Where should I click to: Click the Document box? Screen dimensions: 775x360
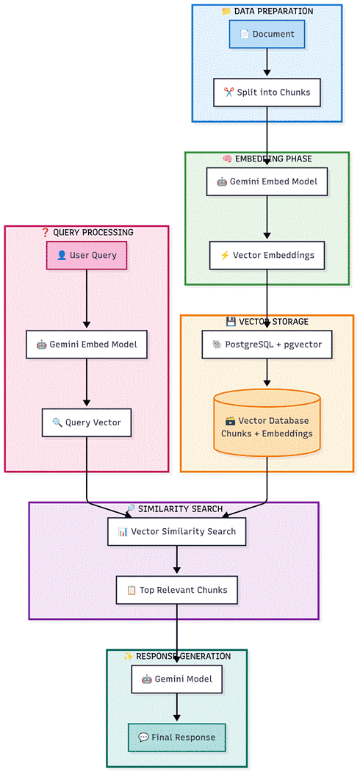click(267, 35)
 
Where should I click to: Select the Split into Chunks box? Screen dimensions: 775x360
click(267, 93)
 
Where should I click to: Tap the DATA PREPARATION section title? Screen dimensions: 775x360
click(267, 11)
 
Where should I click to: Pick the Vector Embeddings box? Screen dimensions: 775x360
click(267, 256)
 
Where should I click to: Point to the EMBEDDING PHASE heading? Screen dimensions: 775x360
click(267, 159)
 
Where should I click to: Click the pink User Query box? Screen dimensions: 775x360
click(87, 256)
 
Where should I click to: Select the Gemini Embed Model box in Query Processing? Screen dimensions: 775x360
click(87, 344)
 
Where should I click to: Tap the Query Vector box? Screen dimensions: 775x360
click(87, 422)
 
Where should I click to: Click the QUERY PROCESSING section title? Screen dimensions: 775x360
click(87, 232)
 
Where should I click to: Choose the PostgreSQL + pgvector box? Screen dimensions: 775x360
click(267, 344)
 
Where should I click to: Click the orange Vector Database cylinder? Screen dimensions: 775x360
click(267, 427)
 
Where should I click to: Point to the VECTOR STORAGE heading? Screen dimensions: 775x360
click(267, 322)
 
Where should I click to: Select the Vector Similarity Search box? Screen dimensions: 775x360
click(176, 531)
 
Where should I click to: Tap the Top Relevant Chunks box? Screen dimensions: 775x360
click(176, 589)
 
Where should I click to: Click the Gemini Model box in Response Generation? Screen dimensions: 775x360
click(176, 679)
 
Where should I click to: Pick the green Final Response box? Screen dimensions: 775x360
click(176, 737)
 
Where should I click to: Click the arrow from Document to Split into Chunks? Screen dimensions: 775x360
click(267, 63)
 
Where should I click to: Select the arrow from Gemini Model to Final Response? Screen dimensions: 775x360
click(176, 707)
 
